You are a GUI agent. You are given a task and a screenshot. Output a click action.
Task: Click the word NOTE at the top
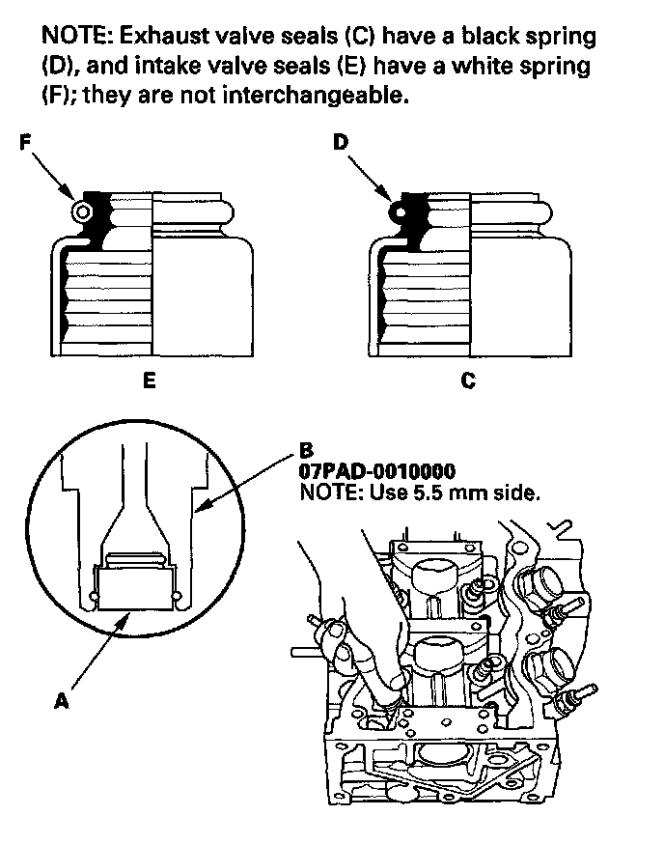(x=74, y=38)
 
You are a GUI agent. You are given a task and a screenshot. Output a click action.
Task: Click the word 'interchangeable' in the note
(x=318, y=97)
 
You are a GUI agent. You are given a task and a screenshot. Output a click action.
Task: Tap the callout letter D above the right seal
(x=340, y=144)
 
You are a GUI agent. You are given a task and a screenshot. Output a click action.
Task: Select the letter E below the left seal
(x=148, y=380)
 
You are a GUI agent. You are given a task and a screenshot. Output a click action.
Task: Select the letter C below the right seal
(x=467, y=380)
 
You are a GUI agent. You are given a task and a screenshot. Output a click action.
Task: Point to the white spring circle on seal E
(x=83, y=211)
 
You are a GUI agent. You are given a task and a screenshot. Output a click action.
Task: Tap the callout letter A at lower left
(x=61, y=703)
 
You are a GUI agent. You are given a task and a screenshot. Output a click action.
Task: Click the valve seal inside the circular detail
(x=135, y=585)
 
